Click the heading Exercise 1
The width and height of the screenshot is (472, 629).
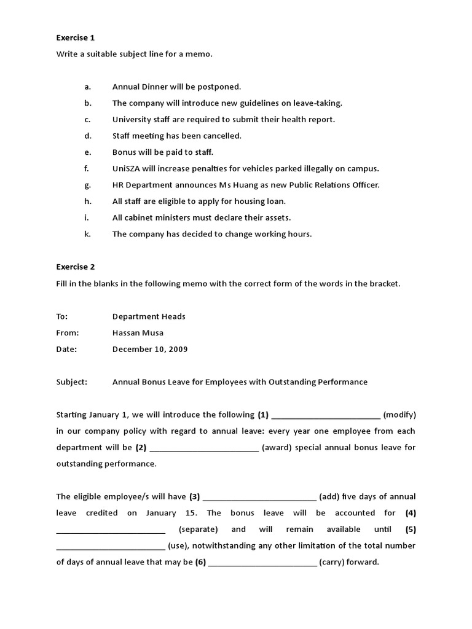[76, 38]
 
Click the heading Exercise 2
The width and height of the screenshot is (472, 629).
[76, 267]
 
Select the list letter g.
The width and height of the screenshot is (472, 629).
[88, 185]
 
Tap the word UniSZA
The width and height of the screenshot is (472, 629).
[126, 168]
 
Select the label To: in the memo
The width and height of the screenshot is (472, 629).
[62, 316]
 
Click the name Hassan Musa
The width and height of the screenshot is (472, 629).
[138, 333]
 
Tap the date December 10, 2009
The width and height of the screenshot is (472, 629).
[149, 350]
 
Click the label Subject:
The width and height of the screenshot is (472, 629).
[72, 382]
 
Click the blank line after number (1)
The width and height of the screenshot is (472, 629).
[326, 415]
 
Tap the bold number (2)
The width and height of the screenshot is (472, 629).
[141, 448]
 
